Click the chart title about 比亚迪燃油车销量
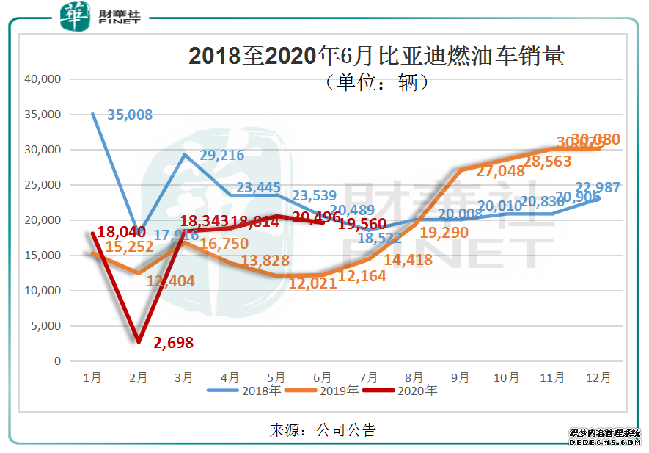click(x=376, y=57)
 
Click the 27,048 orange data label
click(x=500, y=171)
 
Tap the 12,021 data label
click(x=312, y=283)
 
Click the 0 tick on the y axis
click(x=58, y=361)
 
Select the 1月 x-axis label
click(x=92, y=377)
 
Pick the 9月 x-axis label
click(x=461, y=377)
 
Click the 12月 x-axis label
click(x=598, y=377)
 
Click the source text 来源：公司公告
click(x=323, y=430)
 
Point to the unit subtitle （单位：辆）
click(x=376, y=83)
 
